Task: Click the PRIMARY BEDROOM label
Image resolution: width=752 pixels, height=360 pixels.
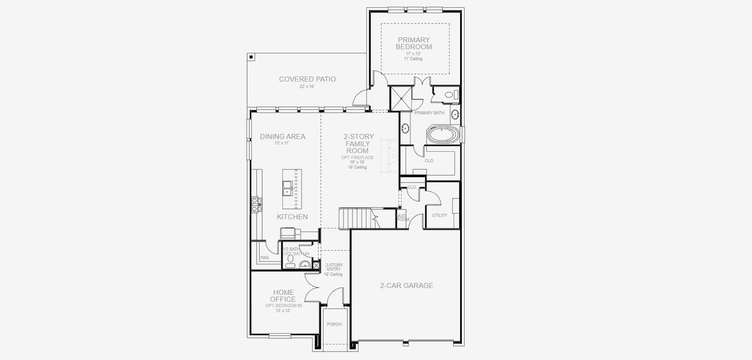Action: pyautogui.click(x=414, y=43)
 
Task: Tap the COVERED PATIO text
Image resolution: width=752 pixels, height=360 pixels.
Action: pyautogui.click(x=307, y=79)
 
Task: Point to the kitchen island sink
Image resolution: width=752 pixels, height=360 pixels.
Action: pyautogui.click(x=288, y=188)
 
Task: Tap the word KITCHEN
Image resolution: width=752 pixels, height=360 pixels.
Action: pyautogui.click(x=292, y=217)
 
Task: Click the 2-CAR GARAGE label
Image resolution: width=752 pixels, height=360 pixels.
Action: pyautogui.click(x=406, y=286)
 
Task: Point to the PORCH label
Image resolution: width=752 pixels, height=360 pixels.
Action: pyautogui.click(x=334, y=324)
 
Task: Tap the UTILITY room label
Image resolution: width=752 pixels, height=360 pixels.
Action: pyautogui.click(x=440, y=215)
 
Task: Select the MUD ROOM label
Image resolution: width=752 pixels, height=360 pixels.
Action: pyautogui.click(x=402, y=217)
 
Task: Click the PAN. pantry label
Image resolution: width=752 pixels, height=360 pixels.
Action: pyautogui.click(x=264, y=258)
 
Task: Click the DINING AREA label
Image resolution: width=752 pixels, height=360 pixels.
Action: pyautogui.click(x=282, y=137)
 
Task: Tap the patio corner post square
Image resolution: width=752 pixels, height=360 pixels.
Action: pyautogui.click(x=251, y=57)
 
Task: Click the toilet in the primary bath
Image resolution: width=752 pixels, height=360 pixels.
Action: pyautogui.click(x=450, y=95)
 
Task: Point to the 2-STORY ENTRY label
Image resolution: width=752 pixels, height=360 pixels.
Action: pyautogui.click(x=333, y=269)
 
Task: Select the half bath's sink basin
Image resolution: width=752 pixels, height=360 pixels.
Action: pyautogui.click(x=305, y=265)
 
